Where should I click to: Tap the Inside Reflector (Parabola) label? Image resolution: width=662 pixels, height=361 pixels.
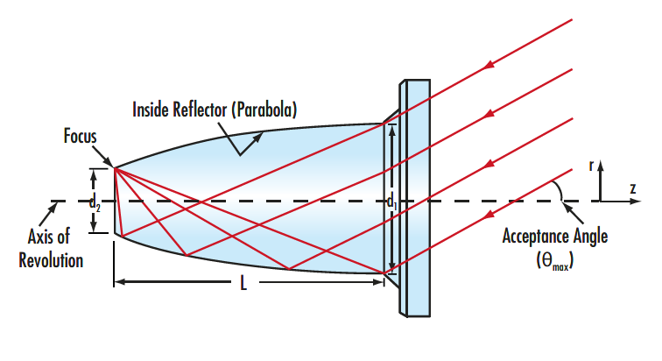[215, 110]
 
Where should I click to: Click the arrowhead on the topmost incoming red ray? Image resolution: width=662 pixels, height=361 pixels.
[490, 63]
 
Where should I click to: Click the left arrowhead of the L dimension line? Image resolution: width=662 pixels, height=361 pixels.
[119, 282]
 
